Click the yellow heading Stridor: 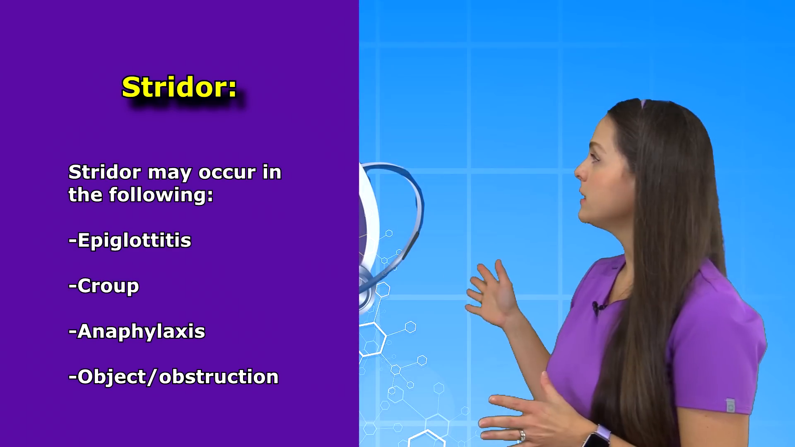[179, 87]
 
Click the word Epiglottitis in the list [134, 240]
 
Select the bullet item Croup [108, 286]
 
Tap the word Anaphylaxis [141, 332]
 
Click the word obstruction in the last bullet [219, 377]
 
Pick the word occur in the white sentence [227, 173]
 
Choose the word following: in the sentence [161, 195]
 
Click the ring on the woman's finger [522, 435]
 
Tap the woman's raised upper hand [491, 292]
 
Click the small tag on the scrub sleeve [730, 405]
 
